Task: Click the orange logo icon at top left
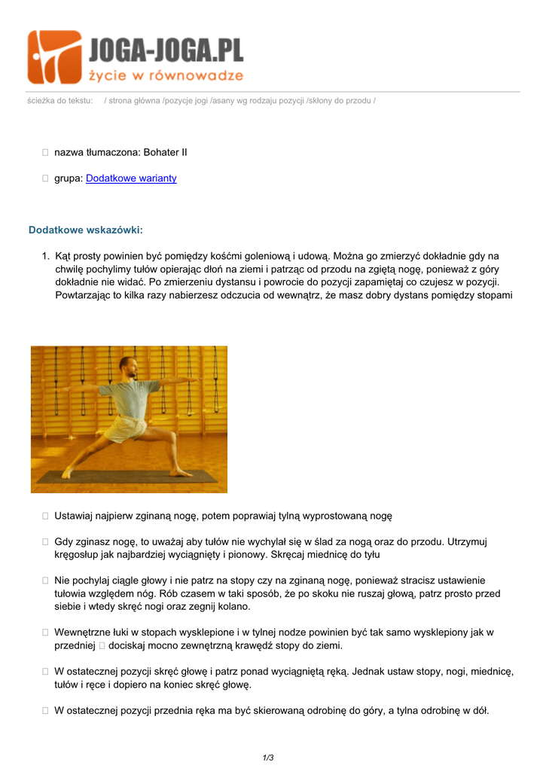54,57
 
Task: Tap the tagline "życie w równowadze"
166,75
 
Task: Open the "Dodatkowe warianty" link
131,178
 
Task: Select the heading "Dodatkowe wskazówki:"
85,230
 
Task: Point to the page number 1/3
268,757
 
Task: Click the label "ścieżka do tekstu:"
59,100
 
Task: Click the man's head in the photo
127,367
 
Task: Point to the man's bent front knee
172,435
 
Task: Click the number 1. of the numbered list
47,256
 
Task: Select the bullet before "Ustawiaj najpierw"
46,516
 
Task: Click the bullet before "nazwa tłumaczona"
46,152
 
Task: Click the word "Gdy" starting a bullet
64,541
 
